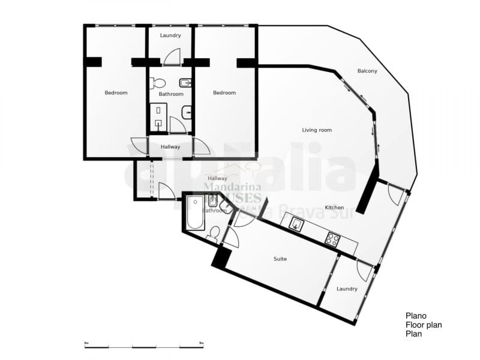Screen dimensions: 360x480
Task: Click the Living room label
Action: tap(317, 130)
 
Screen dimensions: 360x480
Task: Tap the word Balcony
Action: tap(367, 71)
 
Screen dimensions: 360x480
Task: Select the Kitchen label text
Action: tap(334, 208)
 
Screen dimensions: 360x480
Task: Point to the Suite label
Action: tap(280, 259)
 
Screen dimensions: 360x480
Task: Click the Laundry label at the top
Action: tap(170, 35)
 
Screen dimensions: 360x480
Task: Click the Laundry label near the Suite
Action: tap(347, 289)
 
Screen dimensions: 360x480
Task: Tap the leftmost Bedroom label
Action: tap(116, 92)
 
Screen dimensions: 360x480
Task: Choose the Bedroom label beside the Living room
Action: tap(224, 92)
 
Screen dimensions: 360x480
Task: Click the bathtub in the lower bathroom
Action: tap(195, 212)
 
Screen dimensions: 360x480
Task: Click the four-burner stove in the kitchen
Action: tap(332, 238)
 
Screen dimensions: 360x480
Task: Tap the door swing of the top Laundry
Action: tap(172, 56)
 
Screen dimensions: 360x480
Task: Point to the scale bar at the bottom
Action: tap(144, 346)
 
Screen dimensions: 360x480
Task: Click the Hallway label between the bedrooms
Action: tap(170, 147)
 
